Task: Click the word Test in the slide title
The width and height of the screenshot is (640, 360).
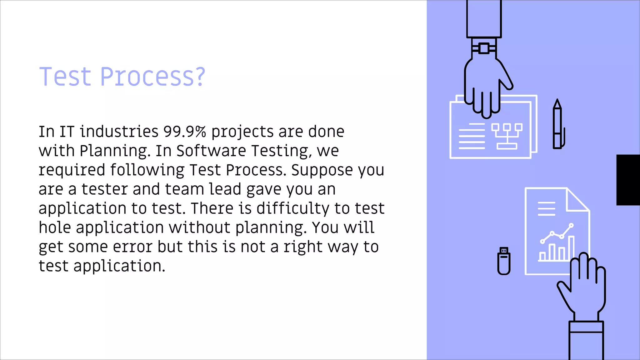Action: pyautogui.click(x=65, y=77)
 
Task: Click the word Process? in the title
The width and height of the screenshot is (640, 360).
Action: pyautogui.click(x=152, y=77)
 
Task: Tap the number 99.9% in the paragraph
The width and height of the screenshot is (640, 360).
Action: pyautogui.click(x=185, y=132)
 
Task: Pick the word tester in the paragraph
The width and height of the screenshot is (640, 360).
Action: pyautogui.click(x=104, y=189)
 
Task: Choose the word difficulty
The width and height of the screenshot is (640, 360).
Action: pyautogui.click(x=293, y=208)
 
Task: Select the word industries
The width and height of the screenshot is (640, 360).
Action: pyautogui.click(x=119, y=132)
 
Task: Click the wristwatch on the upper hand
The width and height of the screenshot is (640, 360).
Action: pyautogui.click(x=484, y=48)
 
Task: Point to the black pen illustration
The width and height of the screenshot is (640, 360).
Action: pyautogui.click(x=558, y=125)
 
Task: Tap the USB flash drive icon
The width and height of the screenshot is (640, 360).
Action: pyautogui.click(x=504, y=261)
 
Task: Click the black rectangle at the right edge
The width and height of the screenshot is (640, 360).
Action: pyautogui.click(x=628, y=180)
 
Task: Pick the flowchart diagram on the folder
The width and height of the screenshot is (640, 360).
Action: pyautogui.click(x=507, y=136)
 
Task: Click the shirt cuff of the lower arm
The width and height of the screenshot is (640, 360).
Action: pyautogui.click(x=586, y=327)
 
